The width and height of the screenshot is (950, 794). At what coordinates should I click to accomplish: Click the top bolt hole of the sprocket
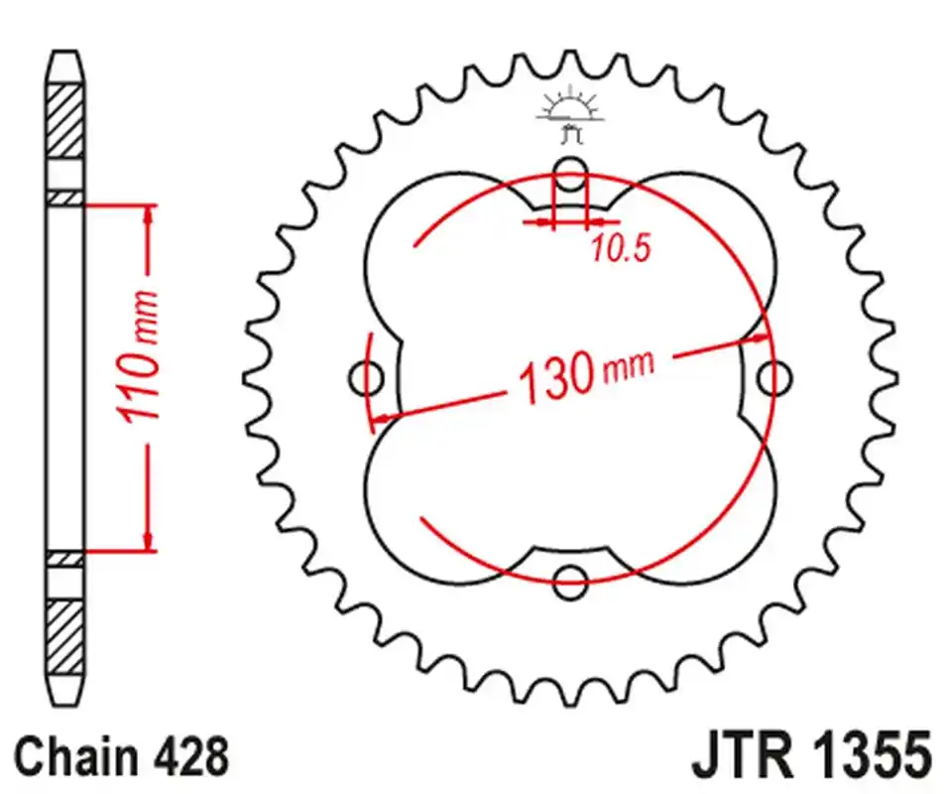tap(569, 177)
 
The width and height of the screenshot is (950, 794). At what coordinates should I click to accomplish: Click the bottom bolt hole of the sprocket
tap(569, 583)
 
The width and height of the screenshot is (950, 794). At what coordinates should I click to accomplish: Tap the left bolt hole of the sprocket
tap(368, 377)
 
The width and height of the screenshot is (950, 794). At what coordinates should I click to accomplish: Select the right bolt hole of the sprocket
tap(772, 377)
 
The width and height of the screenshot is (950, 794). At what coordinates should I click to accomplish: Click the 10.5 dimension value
tap(620, 249)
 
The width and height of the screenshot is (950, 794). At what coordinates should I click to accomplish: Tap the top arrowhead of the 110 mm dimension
tap(150, 214)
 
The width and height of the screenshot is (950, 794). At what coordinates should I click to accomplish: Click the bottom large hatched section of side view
tap(65, 636)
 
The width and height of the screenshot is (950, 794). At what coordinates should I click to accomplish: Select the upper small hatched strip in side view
tap(65, 198)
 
